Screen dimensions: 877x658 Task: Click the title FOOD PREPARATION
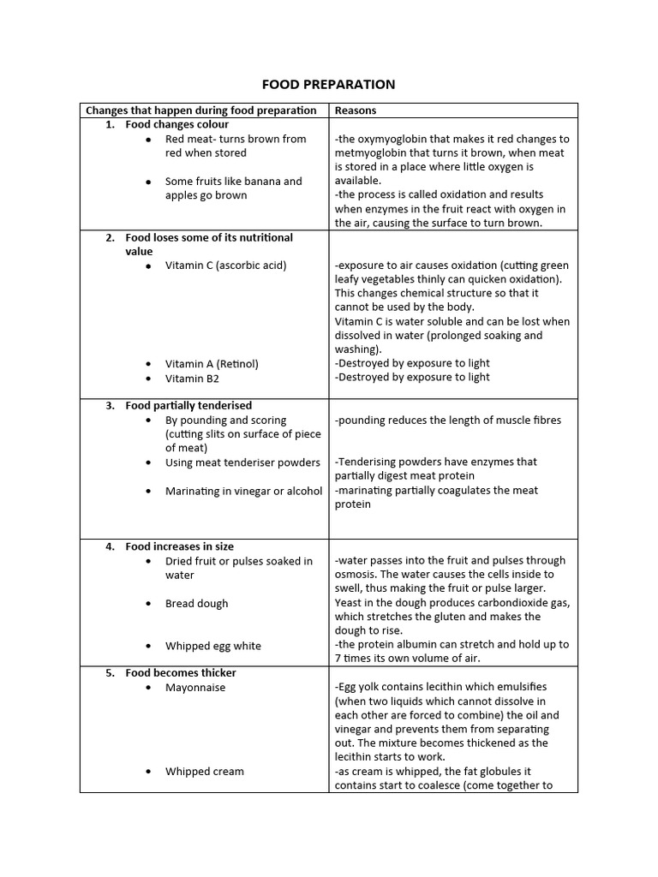coord(328,84)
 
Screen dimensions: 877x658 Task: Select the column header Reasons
coord(356,110)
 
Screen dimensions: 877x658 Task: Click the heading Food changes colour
coord(176,124)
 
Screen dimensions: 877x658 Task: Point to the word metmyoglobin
coord(372,152)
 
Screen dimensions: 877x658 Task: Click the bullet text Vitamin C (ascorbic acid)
coord(225,265)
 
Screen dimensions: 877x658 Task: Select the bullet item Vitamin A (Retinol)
coord(212,364)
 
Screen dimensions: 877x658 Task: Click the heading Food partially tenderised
coord(188,406)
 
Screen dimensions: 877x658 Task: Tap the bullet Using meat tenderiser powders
coord(242,462)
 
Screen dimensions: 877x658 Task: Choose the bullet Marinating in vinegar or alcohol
coord(243,491)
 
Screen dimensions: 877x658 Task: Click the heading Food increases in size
coord(179,546)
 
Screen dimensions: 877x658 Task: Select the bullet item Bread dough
coord(196,604)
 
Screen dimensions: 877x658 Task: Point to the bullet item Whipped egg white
coord(212,646)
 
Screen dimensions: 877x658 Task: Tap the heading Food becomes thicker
coord(181,673)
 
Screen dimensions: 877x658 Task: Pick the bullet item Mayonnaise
coord(195,688)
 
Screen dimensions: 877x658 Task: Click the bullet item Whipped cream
coord(204,772)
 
